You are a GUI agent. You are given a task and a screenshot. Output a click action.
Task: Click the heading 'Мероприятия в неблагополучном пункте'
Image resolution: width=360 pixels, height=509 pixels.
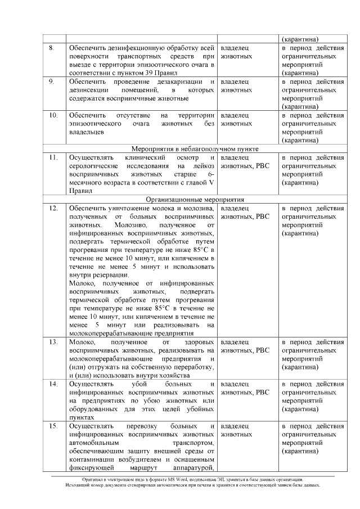tap(195, 149)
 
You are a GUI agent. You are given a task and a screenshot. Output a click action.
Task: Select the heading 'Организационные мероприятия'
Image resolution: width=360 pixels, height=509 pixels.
tap(195, 199)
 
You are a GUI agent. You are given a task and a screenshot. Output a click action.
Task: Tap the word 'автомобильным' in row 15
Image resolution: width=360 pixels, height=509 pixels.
tap(94, 443)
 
